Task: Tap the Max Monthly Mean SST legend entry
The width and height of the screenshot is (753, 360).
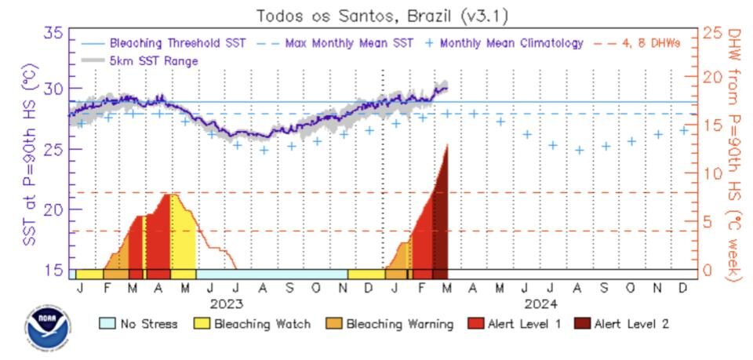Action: click(x=342, y=43)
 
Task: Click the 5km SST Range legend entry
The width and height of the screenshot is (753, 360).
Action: click(x=154, y=60)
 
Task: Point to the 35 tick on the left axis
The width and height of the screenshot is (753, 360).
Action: click(x=55, y=33)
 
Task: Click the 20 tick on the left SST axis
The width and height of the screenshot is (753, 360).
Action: click(x=55, y=209)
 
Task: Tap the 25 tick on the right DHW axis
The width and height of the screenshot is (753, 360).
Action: click(x=712, y=33)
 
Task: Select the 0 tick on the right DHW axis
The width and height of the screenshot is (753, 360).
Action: click(x=708, y=270)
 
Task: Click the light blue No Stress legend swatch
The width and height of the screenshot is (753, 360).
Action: click(x=107, y=323)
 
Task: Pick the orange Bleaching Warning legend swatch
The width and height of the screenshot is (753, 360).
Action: click(x=333, y=323)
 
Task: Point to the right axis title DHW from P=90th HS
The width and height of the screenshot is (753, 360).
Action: click(x=734, y=154)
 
